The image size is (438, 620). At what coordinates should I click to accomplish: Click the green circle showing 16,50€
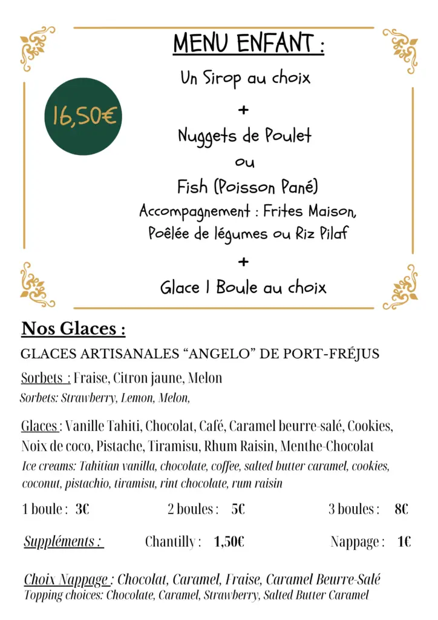pyautogui.click(x=83, y=116)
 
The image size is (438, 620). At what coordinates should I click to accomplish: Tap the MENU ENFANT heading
pyautogui.click(x=248, y=44)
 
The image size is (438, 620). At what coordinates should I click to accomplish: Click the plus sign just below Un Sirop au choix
pyautogui.click(x=243, y=110)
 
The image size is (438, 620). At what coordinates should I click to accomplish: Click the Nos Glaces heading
pyautogui.click(x=73, y=329)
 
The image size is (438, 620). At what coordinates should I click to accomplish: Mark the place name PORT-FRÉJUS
pyautogui.click(x=332, y=354)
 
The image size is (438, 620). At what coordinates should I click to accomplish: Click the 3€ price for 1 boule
pyautogui.click(x=82, y=509)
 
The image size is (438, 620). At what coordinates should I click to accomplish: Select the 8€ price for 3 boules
pyautogui.click(x=401, y=509)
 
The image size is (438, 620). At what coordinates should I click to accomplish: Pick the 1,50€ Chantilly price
pyautogui.click(x=229, y=541)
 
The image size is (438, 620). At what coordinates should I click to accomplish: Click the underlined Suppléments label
pyautogui.click(x=64, y=541)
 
